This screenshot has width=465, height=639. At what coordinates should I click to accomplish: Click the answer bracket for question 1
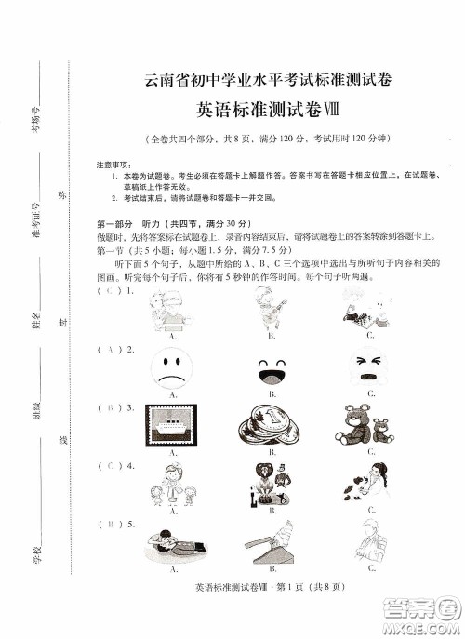pyautogui.click(x=112, y=291)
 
